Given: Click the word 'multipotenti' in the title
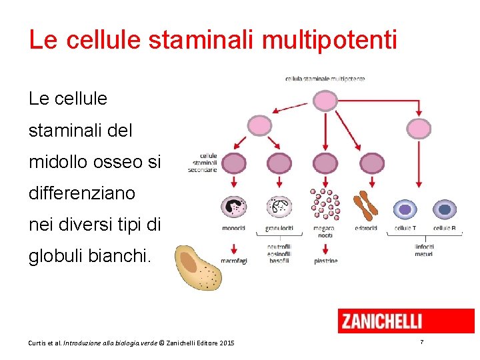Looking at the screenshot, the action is (x=329, y=40).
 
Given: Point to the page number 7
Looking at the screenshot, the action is (x=421, y=342).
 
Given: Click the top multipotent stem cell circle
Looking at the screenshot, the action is (x=325, y=100).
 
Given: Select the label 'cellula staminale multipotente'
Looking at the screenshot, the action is (x=325, y=79).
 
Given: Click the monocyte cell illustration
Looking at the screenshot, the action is (x=233, y=207).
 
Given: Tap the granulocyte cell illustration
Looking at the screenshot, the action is (x=279, y=207).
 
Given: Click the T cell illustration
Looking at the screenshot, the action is (x=405, y=209).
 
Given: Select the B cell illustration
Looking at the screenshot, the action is (x=444, y=209).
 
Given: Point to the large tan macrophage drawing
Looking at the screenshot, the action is (x=198, y=267).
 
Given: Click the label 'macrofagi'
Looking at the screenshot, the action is (x=234, y=261).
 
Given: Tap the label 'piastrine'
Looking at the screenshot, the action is (x=325, y=261).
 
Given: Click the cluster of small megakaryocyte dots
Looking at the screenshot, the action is (x=325, y=203).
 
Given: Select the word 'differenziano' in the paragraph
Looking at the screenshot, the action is (x=81, y=193).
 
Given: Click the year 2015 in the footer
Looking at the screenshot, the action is (x=225, y=343).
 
